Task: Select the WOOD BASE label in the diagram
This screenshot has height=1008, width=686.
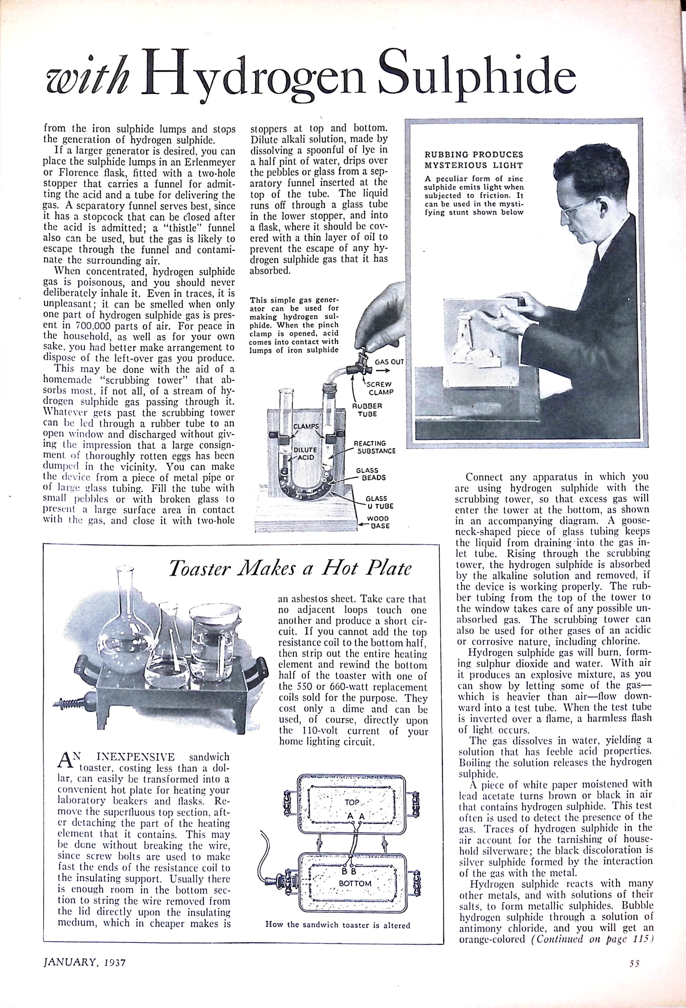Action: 378,522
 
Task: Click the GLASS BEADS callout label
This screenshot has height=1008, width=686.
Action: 370,474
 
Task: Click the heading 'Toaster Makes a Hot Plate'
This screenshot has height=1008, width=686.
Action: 290,569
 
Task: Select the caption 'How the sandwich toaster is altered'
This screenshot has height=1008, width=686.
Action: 338,925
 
